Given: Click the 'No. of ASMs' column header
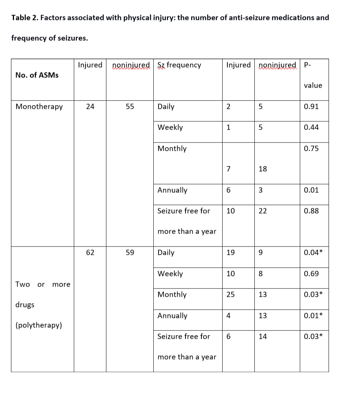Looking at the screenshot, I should pyautogui.click(x=37, y=75).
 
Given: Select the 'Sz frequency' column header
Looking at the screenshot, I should pyautogui.click(x=179, y=65).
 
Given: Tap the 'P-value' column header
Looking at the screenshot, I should pyautogui.click(x=313, y=75).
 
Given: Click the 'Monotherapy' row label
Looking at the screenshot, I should pyautogui.click(x=39, y=107).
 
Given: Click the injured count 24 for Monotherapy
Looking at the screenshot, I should pyautogui.click(x=90, y=107).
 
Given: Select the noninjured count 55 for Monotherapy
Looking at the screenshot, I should pyautogui.click(x=130, y=107).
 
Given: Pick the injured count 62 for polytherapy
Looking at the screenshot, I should pyautogui.click(x=90, y=253).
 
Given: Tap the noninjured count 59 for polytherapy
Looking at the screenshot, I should pyautogui.click(x=130, y=253).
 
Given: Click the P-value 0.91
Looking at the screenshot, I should pyautogui.click(x=311, y=107).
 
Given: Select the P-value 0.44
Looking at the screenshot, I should pyautogui.click(x=311, y=127).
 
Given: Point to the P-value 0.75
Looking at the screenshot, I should pyautogui.click(x=311, y=149).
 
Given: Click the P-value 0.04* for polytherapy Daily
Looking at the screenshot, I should pyautogui.click(x=313, y=253).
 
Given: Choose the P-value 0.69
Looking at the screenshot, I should pyautogui.click(x=311, y=274).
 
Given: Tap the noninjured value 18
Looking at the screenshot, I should pyautogui.click(x=263, y=169).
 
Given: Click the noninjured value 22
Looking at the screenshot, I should pyautogui.click(x=263, y=211).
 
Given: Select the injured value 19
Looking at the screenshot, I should pyautogui.click(x=231, y=253).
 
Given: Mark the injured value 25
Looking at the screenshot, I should pyautogui.click(x=231, y=295).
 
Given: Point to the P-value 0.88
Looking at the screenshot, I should pyautogui.click(x=311, y=211).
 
